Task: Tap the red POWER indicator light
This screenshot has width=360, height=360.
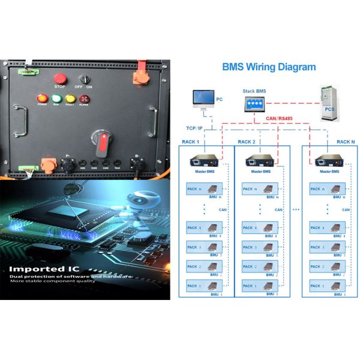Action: (x=42, y=98)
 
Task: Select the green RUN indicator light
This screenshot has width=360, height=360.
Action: (x=56, y=98)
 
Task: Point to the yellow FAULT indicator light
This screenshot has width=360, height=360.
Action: (x=70, y=98)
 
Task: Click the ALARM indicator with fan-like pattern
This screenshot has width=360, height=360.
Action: (x=84, y=98)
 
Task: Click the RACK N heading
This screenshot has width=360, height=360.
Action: (x=344, y=142)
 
